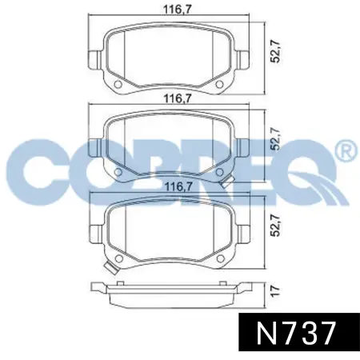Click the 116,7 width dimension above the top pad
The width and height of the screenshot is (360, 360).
click(166, 10)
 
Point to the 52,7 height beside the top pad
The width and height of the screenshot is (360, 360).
click(274, 55)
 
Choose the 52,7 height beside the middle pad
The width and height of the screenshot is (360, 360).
click(274, 139)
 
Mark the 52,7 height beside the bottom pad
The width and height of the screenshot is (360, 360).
click(274, 229)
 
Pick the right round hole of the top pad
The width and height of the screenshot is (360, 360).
click(215, 86)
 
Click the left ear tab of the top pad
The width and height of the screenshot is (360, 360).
click(93, 59)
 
